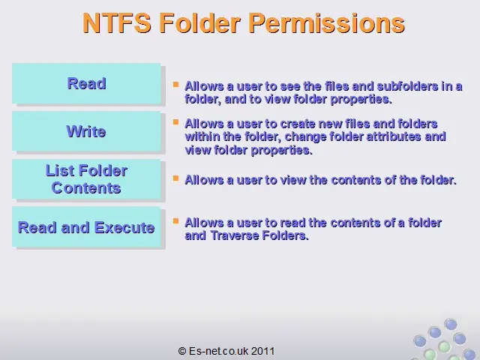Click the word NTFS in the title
(117, 23)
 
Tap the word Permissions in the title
(327, 24)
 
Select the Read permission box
(86, 83)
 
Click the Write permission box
(86, 131)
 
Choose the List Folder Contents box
(86, 179)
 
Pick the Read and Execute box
(86, 226)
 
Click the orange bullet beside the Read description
(175, 84)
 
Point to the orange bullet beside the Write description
(175, 122)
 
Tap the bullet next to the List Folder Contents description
(175, 178)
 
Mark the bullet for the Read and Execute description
(175, 220)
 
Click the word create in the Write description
(298, 124)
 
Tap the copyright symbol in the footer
(182, 351)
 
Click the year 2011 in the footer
(263, 351)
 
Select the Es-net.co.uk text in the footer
(219, 351)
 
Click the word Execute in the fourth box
(124, 227)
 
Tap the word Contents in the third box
(86, 188)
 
